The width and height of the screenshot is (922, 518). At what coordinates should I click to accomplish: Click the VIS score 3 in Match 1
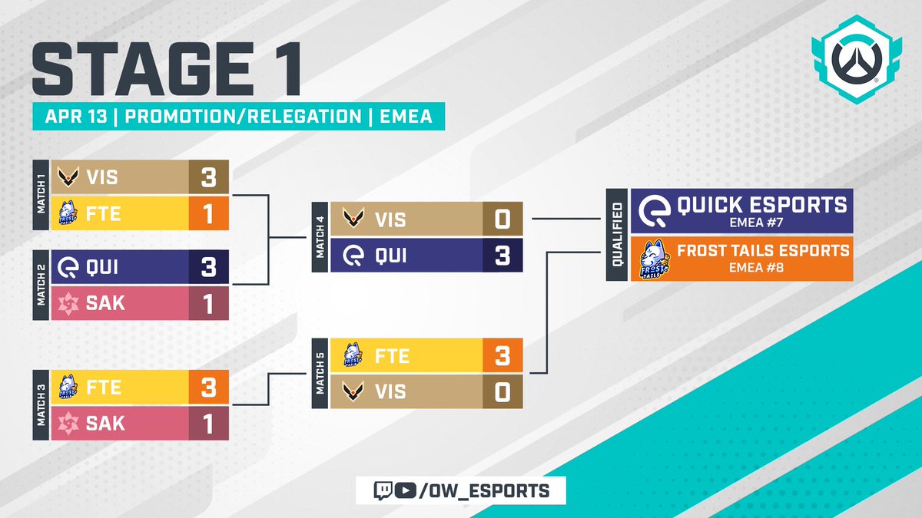[209, 177]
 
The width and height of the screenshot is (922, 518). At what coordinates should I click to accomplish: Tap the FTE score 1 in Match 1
[209, 213]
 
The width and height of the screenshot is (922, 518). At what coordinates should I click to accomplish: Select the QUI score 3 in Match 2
[209, 268]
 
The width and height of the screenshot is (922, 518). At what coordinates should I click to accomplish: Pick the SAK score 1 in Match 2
[209, 303]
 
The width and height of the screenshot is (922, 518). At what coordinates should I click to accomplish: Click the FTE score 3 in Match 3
[209, 388]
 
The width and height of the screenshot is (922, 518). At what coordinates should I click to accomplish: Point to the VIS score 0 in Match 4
[502, 220]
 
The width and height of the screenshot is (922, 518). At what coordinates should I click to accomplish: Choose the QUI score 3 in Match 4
[502, 256]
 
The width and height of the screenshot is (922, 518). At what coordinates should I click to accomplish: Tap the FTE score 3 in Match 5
[502, 356]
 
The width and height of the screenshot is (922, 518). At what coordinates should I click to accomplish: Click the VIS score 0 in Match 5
[502, 391]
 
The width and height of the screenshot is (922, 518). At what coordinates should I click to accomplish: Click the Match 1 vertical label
[41, 195]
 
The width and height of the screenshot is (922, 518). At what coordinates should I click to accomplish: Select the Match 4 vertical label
[320, 238]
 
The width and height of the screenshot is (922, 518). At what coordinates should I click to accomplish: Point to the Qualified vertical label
[618, 234]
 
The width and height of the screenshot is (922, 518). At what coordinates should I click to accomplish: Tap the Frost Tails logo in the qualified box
[652, 258]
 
